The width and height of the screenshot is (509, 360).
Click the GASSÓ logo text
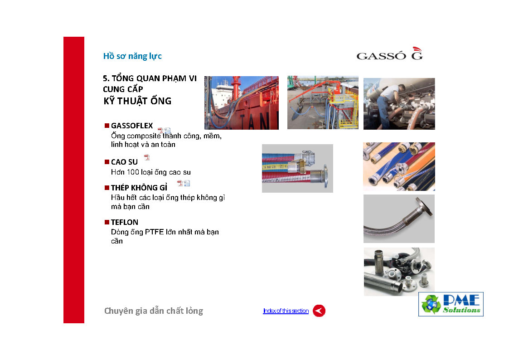(381, 56)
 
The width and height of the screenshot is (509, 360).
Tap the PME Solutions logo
(451, 304)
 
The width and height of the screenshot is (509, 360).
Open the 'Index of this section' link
(286, 311)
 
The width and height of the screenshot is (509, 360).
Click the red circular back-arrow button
(319, 311)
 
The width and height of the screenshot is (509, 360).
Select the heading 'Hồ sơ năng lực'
(132, 56)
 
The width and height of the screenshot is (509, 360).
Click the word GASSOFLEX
(132, 126)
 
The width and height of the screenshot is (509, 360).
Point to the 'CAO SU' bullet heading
(124, 162)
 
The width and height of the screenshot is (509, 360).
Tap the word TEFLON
(125, 222)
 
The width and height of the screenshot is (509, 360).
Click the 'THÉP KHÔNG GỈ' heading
(139, 188)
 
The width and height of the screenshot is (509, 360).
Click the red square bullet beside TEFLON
(107, 222)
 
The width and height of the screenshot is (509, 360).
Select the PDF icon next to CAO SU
(147, 157)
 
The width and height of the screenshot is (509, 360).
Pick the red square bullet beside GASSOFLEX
(107, 126)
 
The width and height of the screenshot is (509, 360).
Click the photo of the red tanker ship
(242, 103)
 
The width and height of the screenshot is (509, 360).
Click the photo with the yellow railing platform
(323, 102)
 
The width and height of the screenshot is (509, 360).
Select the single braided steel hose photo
(399, 219)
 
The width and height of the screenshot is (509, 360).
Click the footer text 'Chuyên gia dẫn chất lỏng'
(154, 311)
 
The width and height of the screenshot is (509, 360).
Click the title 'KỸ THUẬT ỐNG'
(137, 101)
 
